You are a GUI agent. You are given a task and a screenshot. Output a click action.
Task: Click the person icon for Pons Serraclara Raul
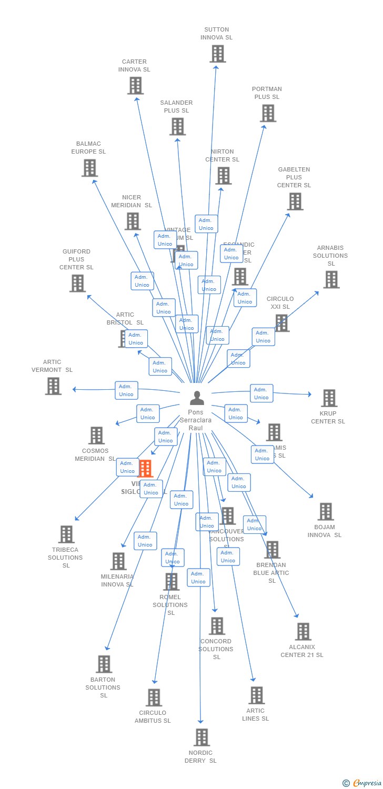click(197, 398)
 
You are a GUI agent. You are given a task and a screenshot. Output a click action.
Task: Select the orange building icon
click(145, 468)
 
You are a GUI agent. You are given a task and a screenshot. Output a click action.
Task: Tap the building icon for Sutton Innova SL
click(217, 54)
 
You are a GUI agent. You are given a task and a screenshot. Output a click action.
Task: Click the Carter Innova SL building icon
click(135, 85)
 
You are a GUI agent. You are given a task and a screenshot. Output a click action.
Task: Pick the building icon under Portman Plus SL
click(268, 113)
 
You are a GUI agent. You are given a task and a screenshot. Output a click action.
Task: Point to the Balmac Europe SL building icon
click(90, 168)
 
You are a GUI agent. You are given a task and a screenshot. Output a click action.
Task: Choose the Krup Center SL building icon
click(329, 398)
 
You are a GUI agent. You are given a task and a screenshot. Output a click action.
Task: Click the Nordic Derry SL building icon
click(201, 737)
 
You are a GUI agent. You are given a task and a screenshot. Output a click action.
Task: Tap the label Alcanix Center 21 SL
click(302, 651)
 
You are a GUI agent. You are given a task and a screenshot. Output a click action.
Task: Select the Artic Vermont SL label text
click(52, 366)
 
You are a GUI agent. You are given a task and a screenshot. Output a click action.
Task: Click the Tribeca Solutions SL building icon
click(66, 534)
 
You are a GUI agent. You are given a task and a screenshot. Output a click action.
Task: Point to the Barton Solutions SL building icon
click(104, 664)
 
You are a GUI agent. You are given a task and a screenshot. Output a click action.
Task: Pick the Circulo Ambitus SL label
click(153, 716)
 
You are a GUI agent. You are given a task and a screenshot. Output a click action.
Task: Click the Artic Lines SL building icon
click(256, 695)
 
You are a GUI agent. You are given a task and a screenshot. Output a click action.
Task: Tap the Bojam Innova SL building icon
click(326, 511)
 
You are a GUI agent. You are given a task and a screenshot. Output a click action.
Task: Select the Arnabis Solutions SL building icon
click(331, 280)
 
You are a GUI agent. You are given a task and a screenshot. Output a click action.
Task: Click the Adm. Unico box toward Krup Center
click(261, 393)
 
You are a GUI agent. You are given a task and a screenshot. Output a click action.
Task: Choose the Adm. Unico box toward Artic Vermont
click(126, 390)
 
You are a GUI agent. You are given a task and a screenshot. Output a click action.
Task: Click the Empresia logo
click(363, 783)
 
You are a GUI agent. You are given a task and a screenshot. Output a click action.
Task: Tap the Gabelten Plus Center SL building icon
click(295, 201)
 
